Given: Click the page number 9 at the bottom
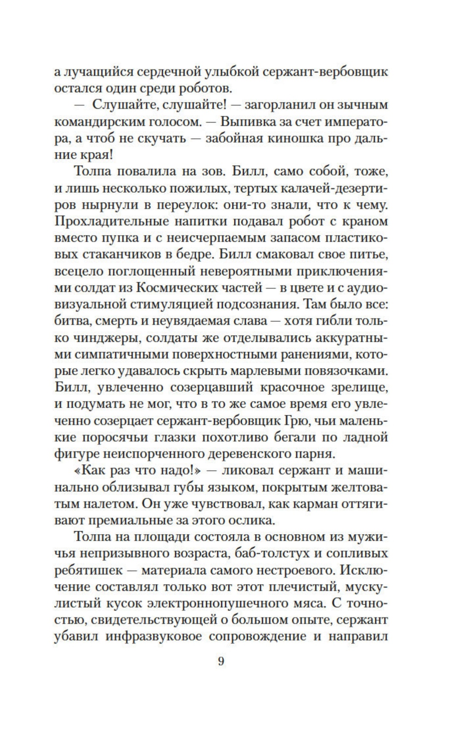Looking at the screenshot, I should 221,661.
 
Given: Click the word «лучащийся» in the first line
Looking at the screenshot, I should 99,72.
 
